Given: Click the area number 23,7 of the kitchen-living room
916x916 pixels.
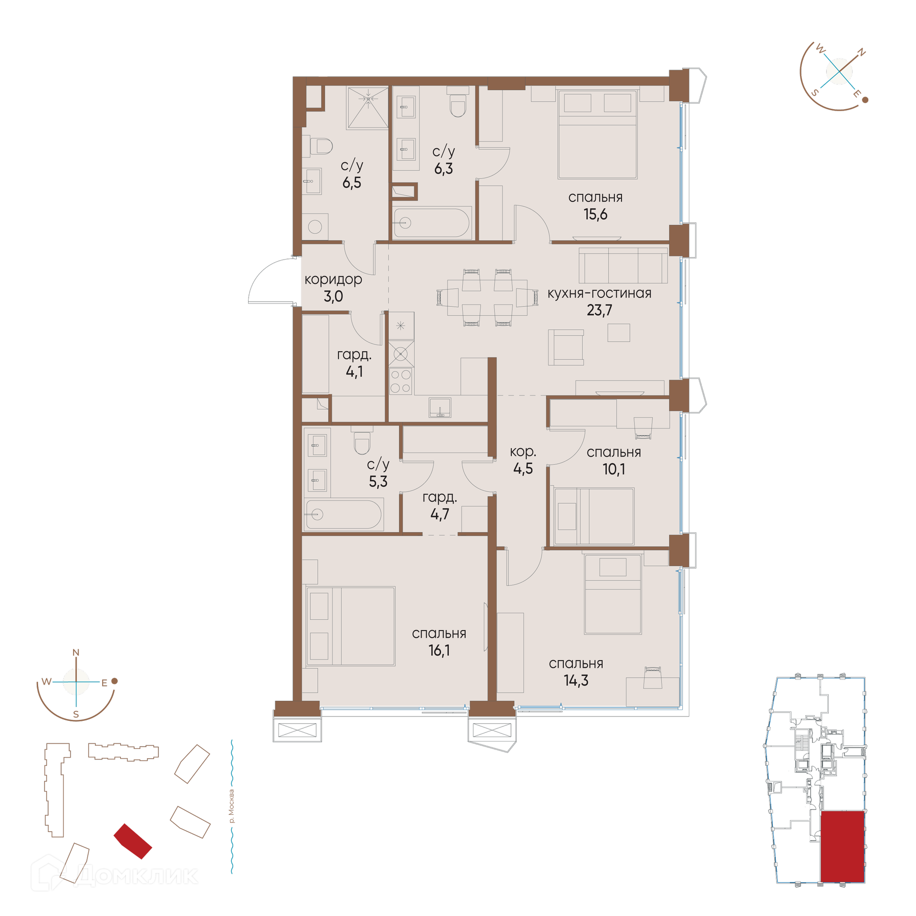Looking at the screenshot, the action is pyautogui.click(x=599, y=310).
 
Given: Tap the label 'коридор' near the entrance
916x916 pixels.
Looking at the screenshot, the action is pyautogui.click(x=333, y=280).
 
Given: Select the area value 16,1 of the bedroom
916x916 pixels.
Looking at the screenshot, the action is pyautogui.click(x=439, y=650).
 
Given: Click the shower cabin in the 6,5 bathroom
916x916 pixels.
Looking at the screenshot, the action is pyautogui.click(x=368, y=107).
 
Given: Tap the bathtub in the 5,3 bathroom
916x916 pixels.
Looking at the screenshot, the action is pyautogui.click(x=343, y=514).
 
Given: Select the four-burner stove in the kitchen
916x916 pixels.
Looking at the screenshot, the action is pyautogui.click(x=401, y=381).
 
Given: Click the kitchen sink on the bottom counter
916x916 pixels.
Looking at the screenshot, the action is pyautogui.click(x=440, y=407).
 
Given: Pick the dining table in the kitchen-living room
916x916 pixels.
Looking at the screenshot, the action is pyautogui.click(x=487, y=298).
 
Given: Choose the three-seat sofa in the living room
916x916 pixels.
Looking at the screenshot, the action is pyautogui.click(x=623, y=266).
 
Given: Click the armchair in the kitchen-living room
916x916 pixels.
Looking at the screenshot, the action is pyautogui.click(x=566, y=347).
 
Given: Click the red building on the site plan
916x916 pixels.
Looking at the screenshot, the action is pyautogui.click(x=133, y=841).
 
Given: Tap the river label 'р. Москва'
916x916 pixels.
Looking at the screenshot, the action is pyautogui.click(x=231, y=806).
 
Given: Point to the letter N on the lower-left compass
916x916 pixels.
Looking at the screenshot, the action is pyautogui.click(x=75, y=653).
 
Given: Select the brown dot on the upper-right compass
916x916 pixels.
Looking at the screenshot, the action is pyautogui.click(x=865, y=100).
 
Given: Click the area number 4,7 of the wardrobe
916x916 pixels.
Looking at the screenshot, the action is pyautogui.click(x=439, y=514).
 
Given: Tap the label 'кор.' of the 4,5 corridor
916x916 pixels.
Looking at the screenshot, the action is pyautogui.click(x=523, y=452).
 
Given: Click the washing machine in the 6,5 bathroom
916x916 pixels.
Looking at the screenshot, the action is pyautogui.click(x=315, y=227).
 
